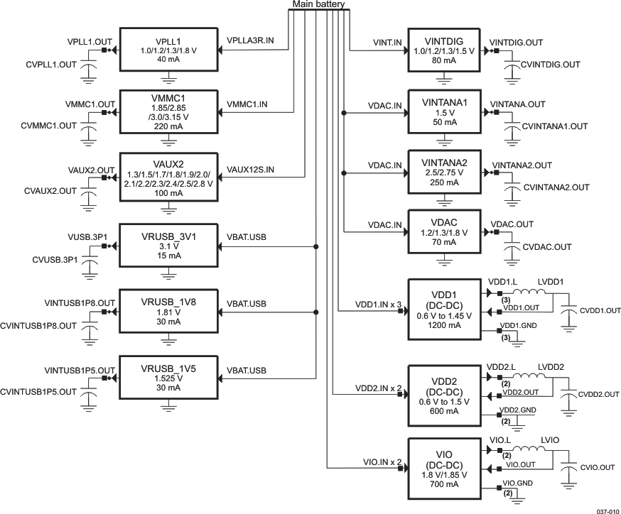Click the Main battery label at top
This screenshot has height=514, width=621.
[x=318, y=6]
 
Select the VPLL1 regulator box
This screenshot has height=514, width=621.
[x=168, y=50]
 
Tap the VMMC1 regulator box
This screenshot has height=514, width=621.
[x=168, y=111]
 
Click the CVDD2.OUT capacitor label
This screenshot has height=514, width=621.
[x=599, y=394]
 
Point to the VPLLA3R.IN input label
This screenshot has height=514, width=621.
[x=250, y=41]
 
